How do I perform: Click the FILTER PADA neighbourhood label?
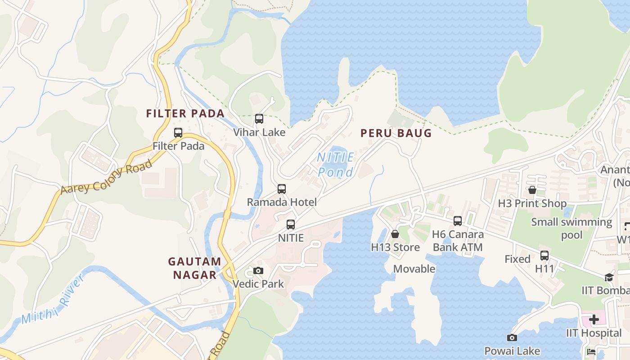185,113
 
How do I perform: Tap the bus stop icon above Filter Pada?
178,133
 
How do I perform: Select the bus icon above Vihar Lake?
259,119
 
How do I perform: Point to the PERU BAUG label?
396,133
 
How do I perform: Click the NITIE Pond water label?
336,165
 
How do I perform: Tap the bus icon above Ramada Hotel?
282,189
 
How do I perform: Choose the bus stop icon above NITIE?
291,224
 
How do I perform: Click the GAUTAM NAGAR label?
195,268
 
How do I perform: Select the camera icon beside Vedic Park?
258,270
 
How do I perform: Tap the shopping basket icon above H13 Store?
395,234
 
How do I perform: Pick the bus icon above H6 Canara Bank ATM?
458,221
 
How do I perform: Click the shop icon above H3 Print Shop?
532,190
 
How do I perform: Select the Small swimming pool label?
571,229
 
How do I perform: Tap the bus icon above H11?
544,256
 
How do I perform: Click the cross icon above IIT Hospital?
594,319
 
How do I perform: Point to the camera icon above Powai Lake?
512,337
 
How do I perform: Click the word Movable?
414,269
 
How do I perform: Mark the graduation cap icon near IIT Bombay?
609,277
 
